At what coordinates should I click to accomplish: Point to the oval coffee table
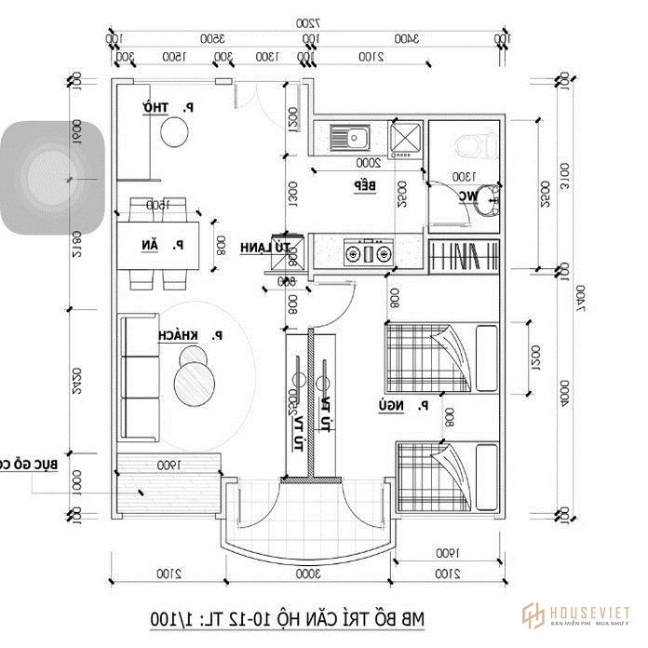(197, 378)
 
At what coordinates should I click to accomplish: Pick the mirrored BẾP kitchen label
(363, 186)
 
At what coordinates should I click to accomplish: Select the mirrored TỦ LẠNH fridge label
(266, 247)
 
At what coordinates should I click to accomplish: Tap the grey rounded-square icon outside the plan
(51, 177)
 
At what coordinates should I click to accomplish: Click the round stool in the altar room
(175, 135)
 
